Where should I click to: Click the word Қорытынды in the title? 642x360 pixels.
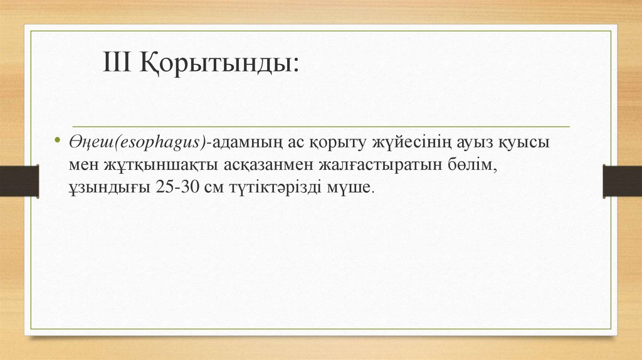pyautogui.click(x=216, y=63)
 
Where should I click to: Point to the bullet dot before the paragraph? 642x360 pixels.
pyautogui.click(x=57, y=140)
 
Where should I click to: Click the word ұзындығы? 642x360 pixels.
pyautogui.click(x=107, y=188)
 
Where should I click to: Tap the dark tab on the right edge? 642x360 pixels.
pyautogui.click(x=622, y=181)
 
